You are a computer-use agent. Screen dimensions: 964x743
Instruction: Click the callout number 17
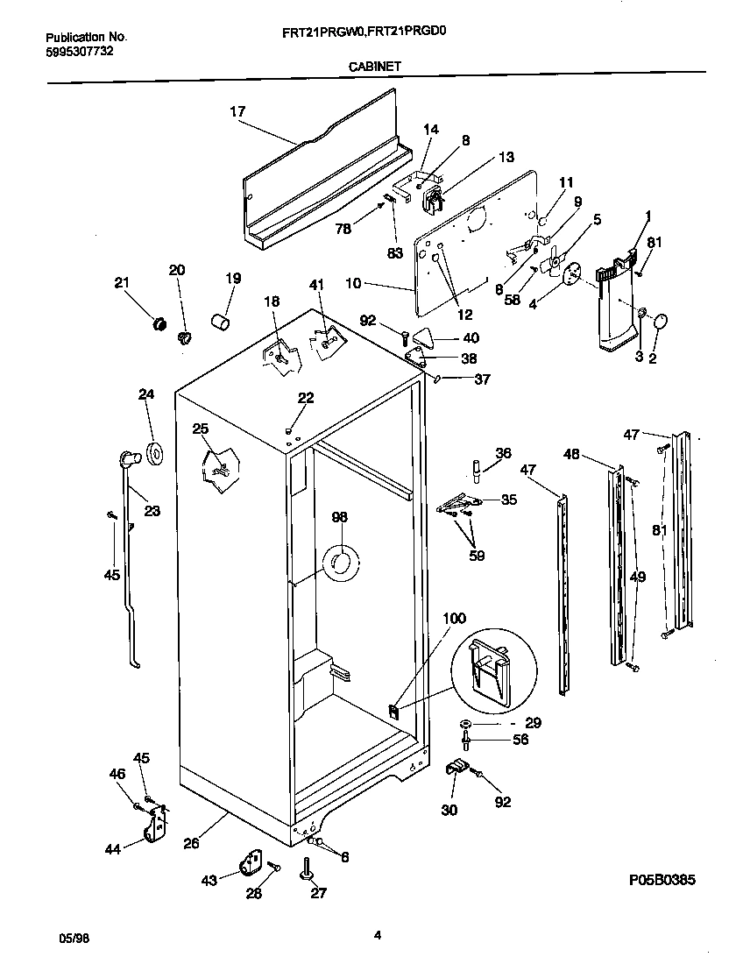(237, 111)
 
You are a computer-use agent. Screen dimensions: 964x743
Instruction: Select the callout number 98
(339, 518)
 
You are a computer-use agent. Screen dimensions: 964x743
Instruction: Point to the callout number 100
(454, 619)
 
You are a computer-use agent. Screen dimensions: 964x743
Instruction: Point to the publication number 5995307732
(78, 52)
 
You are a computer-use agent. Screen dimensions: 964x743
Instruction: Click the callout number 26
(192, 843)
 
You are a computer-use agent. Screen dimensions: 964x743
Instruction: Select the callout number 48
(571, 454)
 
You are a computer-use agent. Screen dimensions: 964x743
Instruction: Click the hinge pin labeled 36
(477, 471)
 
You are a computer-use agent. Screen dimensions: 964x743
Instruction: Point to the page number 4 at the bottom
(377, 934)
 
